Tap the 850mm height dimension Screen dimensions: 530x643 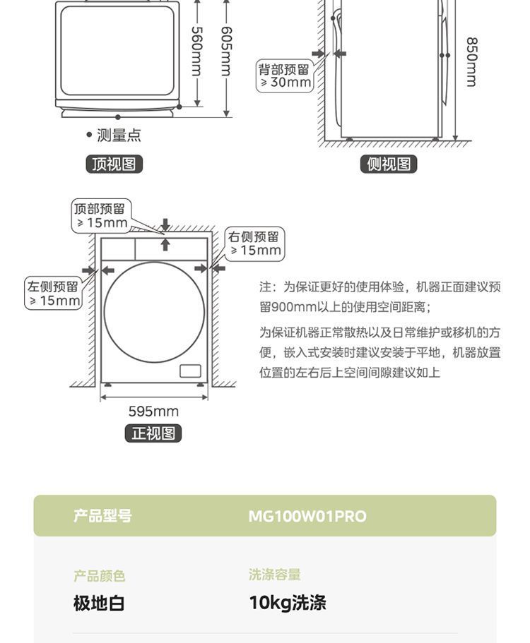click(471, 61)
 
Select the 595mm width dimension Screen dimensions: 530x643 click(153, 411)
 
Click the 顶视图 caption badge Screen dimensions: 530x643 click(114, 164)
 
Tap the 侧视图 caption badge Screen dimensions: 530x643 click(389, 164)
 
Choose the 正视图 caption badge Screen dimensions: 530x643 click(153, 433)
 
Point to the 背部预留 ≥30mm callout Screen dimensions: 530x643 click(284, 76)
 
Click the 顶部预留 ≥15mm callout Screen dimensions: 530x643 click(100, 215)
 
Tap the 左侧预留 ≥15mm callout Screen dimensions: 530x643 click(54, 294)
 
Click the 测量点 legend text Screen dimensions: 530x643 click(118, 135)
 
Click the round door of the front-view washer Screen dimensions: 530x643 click(154, 312)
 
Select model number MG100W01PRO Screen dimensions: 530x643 click(307, 516)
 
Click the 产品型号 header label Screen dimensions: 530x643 click(102, 516)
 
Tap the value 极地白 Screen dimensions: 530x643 click(99, 603)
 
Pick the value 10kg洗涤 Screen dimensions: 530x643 click(288, 603)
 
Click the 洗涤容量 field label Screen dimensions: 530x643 click(275, 575)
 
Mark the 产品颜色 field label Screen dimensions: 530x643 click(99, 576)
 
